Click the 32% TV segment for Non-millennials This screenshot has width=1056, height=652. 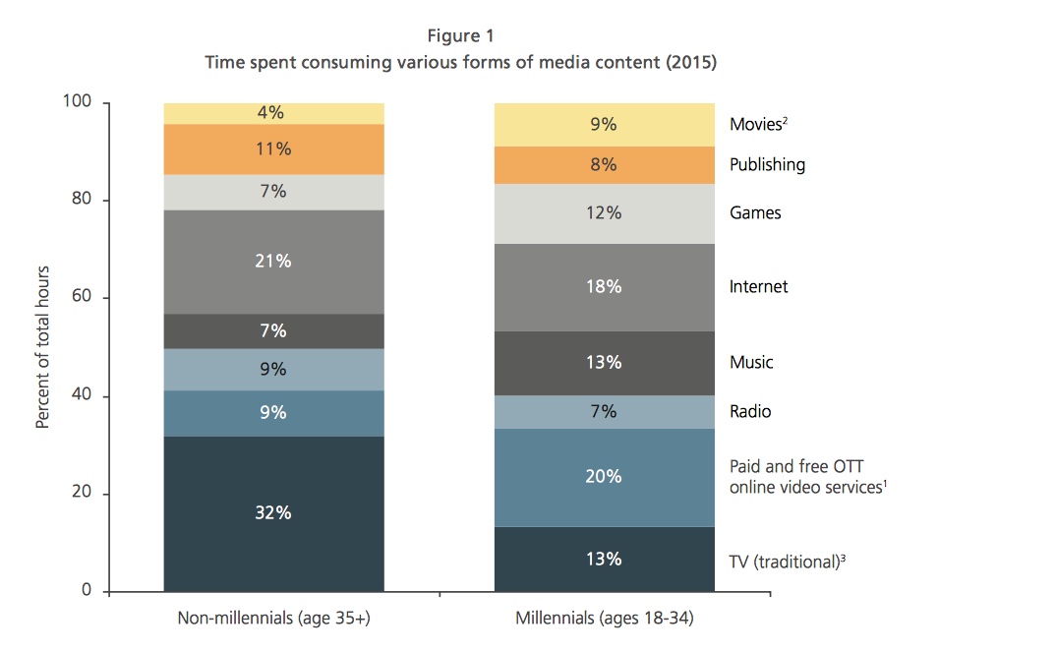(273, 513)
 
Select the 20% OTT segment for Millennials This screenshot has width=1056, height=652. (604, 477)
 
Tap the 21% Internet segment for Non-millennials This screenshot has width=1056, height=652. (273, 262)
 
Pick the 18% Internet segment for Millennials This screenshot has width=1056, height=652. (604, 287)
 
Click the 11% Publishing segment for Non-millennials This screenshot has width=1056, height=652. (273, 149)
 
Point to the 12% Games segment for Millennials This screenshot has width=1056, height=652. (604, 212)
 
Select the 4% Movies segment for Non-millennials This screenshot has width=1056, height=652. (273, 113)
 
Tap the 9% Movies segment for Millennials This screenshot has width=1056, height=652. (604, 125)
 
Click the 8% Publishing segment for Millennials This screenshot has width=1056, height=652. (604, 165)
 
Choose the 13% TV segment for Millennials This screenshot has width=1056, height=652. (604, 559)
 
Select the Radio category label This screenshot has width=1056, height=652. (750, 411)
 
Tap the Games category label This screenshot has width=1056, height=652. (755, 212)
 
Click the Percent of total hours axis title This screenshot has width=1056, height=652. (42, 346)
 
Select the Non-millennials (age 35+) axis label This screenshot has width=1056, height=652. (273, 620)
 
